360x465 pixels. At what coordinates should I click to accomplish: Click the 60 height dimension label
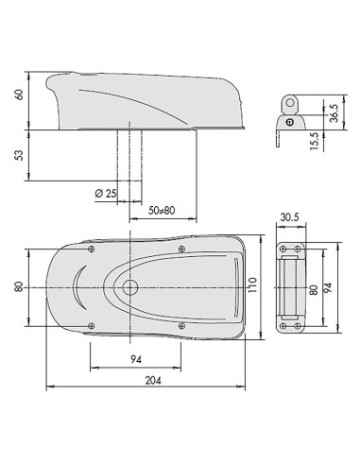tap(20, 95)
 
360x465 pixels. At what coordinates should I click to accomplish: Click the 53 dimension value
tap(20, 155)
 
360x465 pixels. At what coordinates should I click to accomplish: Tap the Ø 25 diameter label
tap(106, 193)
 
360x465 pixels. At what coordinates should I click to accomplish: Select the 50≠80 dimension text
tap(162, 210)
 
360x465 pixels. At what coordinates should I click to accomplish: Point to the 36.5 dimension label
tap(334, 113)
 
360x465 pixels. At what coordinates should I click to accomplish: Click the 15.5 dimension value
tap(315, 141)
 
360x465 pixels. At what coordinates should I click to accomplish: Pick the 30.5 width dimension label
tap(290, 217)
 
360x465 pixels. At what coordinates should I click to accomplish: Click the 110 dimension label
tap(253, 285)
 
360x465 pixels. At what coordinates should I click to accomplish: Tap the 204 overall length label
tap(153, 381)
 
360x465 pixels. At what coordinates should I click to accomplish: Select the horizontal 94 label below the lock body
tap(136, 359)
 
